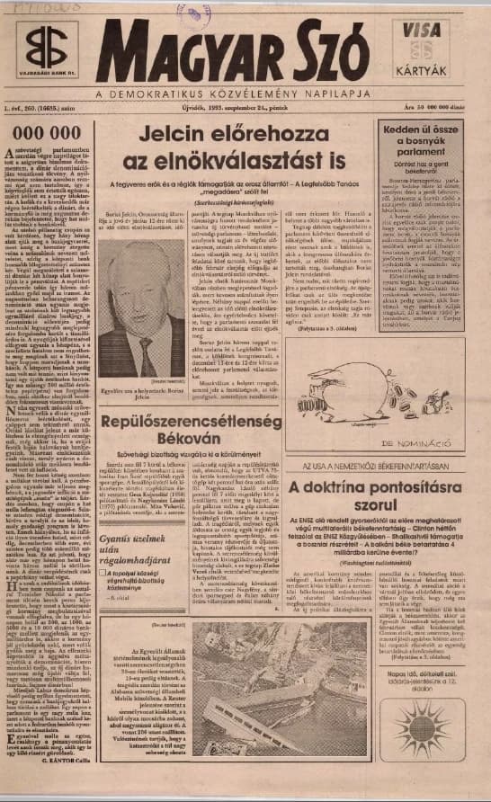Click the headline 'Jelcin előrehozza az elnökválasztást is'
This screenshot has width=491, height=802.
click(x=243, y=147)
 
